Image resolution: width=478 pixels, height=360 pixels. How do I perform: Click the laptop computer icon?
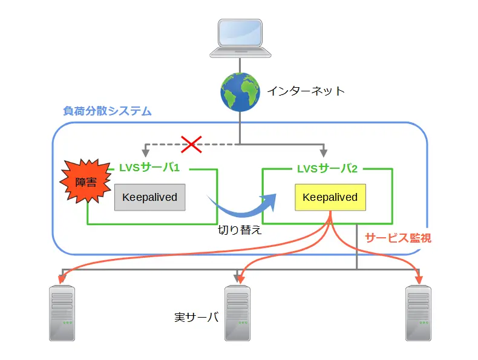[x=240, y=37]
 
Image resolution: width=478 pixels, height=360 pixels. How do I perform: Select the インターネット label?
[x=306, y=91]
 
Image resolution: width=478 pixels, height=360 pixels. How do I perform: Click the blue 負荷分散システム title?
[x=107, y=111]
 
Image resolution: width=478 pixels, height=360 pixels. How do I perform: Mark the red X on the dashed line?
[x=191, y=145]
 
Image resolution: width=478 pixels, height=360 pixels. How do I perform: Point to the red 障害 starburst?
[x=85, y=182]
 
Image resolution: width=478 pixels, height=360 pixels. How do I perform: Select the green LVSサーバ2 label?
[x=327, y=168]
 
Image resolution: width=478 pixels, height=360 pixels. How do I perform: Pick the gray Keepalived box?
[x=149, y=197]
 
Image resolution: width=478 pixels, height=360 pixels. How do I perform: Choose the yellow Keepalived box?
[x=330, y=197]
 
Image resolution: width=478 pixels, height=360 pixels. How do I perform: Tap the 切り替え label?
[x=240, y=231]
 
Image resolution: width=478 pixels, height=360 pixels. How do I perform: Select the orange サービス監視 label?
[x=398, y=238]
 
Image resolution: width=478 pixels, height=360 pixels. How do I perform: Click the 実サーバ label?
[x=195, y=316]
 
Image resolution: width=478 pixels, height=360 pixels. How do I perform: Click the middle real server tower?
[x=238, y=312]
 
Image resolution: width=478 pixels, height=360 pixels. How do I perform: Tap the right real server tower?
[x=418, y=312]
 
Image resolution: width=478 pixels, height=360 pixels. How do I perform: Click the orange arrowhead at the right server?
[x=418, y=280]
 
